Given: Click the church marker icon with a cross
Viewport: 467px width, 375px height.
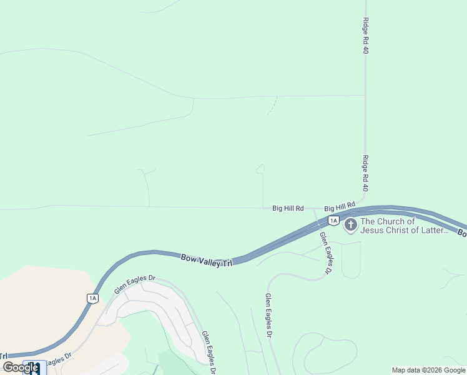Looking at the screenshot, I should (351, 225).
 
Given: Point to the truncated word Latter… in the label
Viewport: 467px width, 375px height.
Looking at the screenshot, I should (436, 230).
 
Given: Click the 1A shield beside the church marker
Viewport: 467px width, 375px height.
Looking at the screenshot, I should (333, 221).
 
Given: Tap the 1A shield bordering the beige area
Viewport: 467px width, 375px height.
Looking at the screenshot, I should (92, 298).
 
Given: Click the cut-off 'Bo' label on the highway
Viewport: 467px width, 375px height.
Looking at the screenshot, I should (462, 233).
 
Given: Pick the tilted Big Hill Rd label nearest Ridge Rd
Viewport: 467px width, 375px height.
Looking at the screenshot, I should (340, 206).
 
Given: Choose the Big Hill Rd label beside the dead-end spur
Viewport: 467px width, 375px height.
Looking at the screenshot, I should (288, 208).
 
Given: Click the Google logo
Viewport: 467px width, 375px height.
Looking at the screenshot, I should (21, 367).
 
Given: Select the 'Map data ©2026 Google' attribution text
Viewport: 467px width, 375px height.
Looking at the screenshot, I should (429, 370).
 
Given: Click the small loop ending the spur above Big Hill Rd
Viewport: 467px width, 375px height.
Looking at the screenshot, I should (260, 168).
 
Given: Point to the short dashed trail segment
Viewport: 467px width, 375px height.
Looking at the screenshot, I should (272, 106).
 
